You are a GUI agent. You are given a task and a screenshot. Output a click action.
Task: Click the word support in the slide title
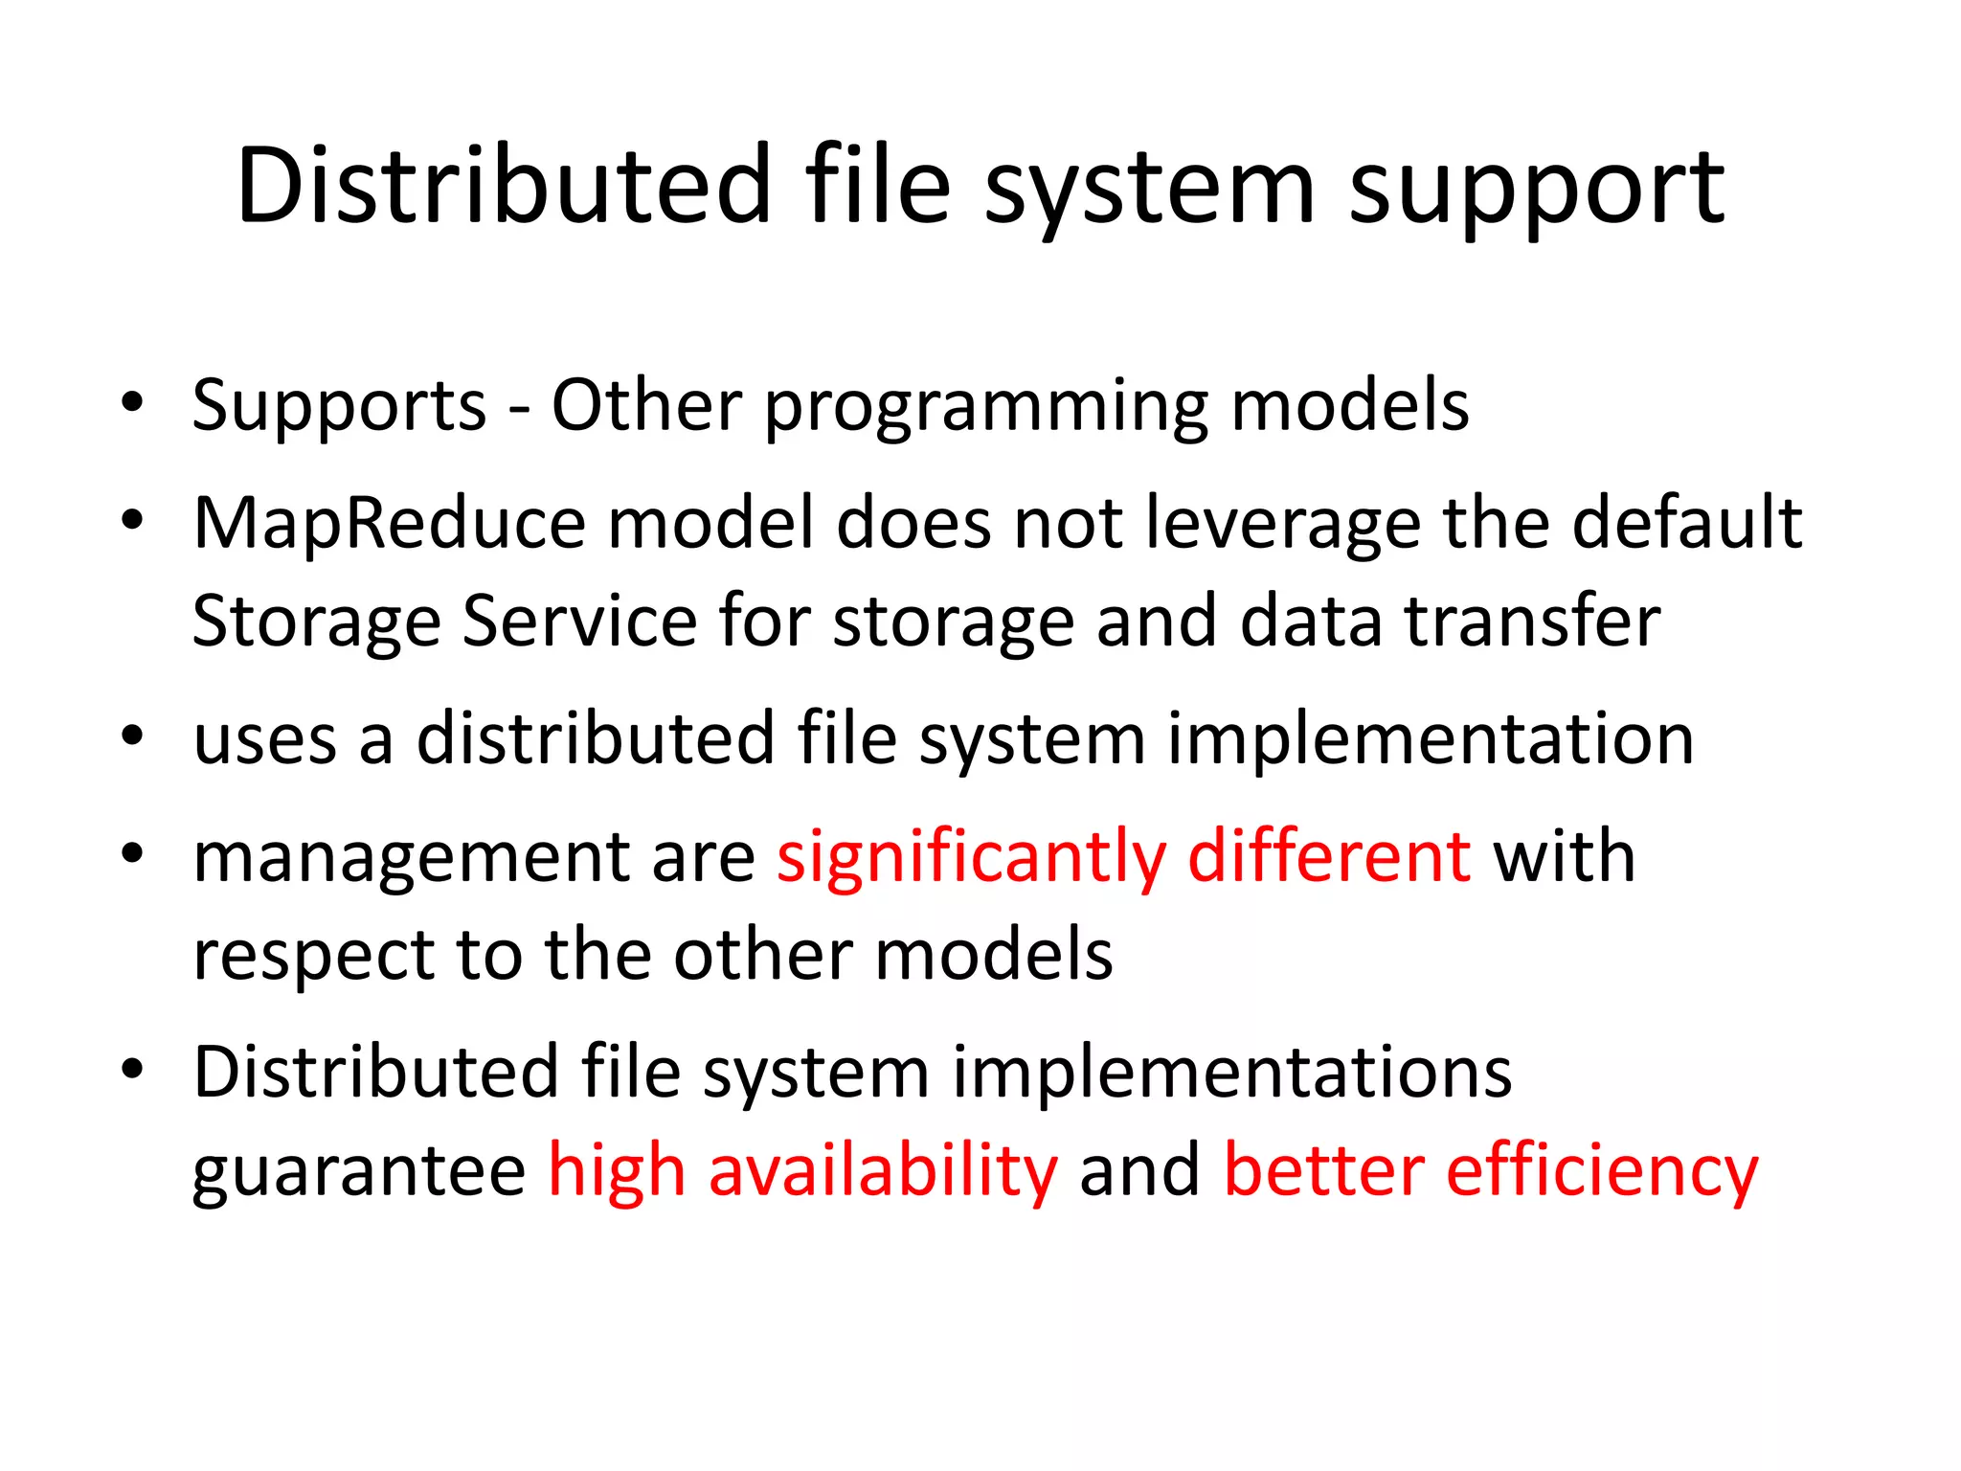[1536, 188]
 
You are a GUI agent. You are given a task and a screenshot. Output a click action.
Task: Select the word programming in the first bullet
[985, 408]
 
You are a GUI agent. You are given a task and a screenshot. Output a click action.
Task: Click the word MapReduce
[389, 525]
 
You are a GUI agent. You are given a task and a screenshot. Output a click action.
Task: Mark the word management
[411, 859]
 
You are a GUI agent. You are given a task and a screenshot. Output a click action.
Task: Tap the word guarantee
[359, 1171]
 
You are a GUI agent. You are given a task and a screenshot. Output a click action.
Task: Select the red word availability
[883, 1171]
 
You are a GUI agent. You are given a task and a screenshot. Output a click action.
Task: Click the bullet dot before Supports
[132, 402]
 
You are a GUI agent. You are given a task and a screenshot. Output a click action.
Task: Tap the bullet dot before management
[132, 853]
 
